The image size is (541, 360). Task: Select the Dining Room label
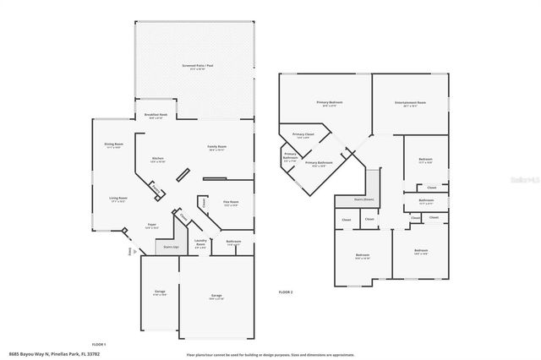[112, 145]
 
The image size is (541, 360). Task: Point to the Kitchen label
[157, 159]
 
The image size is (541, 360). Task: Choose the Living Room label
[117, 199]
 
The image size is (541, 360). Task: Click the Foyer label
[151, 226]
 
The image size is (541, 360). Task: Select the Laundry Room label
[201, 242]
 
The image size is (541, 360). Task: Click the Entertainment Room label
[409, 103]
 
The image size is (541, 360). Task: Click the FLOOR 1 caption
[98, 345]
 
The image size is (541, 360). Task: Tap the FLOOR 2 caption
[286, 292]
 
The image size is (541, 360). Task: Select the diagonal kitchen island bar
[183, 175]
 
